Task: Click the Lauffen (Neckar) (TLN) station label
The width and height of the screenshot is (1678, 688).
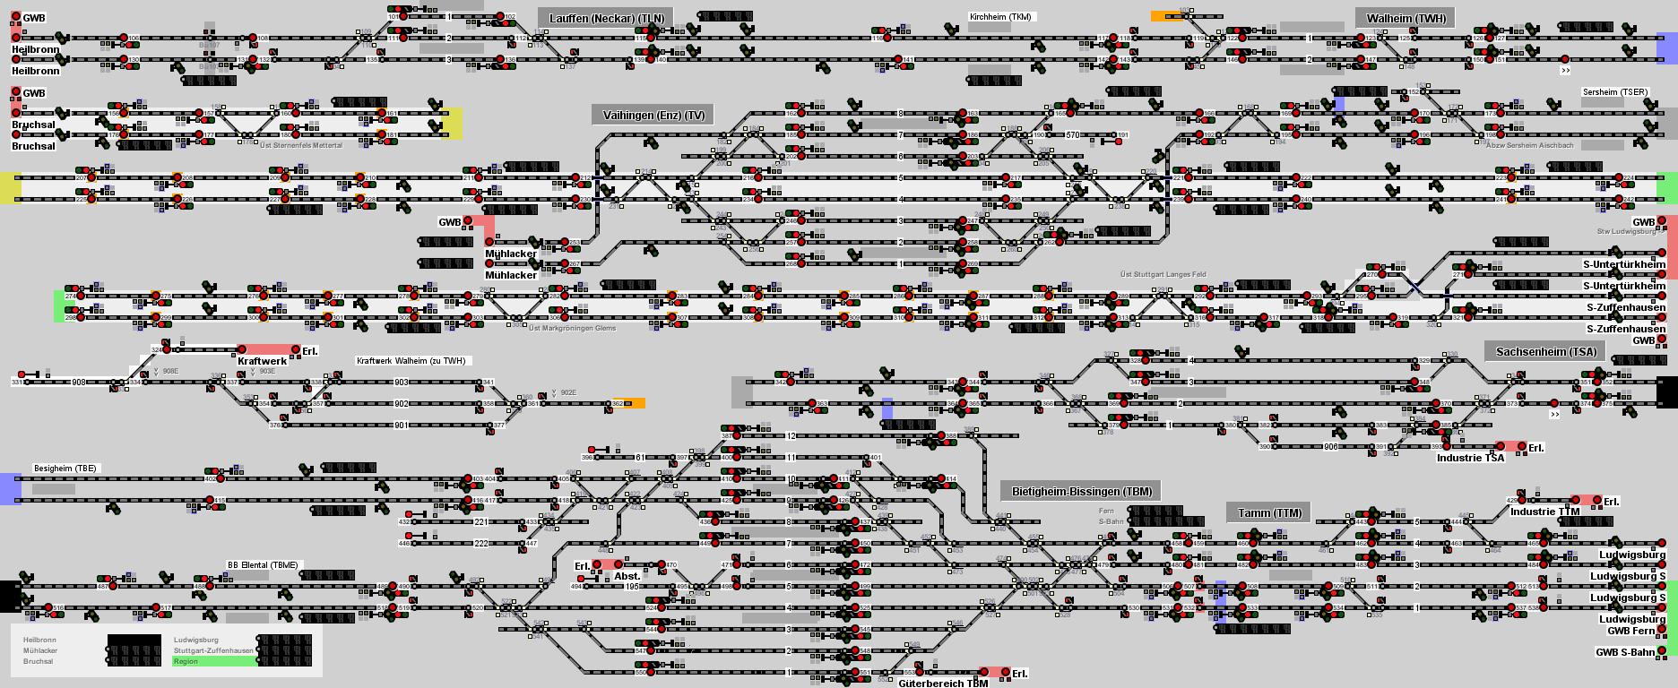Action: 606,19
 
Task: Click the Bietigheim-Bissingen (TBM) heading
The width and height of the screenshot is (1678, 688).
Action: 1081,492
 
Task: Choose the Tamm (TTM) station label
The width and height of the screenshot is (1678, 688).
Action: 1268,513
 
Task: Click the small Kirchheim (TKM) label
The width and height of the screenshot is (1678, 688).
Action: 1001,17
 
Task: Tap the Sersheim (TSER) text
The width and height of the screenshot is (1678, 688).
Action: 1615,92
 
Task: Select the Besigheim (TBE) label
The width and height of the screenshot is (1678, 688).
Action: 65,469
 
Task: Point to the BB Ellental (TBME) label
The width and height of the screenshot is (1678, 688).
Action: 264,565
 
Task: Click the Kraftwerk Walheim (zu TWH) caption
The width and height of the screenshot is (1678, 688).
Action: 411,361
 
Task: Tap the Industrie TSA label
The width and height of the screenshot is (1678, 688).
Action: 1470,458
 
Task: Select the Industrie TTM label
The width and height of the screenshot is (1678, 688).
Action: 1544,512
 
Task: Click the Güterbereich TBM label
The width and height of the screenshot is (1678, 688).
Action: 942,684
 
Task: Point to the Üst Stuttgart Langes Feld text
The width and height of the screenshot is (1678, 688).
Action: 1163,274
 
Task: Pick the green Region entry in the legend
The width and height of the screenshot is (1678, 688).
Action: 214,661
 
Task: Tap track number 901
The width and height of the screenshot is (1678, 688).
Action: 401,426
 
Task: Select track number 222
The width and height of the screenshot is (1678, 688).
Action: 481,544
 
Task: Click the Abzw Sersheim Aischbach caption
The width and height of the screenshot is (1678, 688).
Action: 1528,145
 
